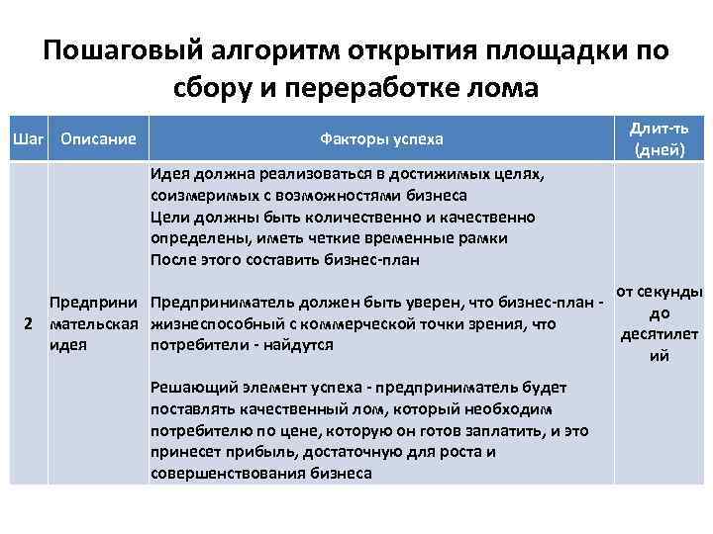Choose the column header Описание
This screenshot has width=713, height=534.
(x=98, y=138)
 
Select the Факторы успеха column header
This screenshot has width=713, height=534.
(x=381, y=138)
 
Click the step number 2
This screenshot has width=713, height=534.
(x=29, y=323)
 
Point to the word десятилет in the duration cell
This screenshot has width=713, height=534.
(x=660, y=334)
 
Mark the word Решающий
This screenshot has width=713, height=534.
(x=191, y=388)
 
